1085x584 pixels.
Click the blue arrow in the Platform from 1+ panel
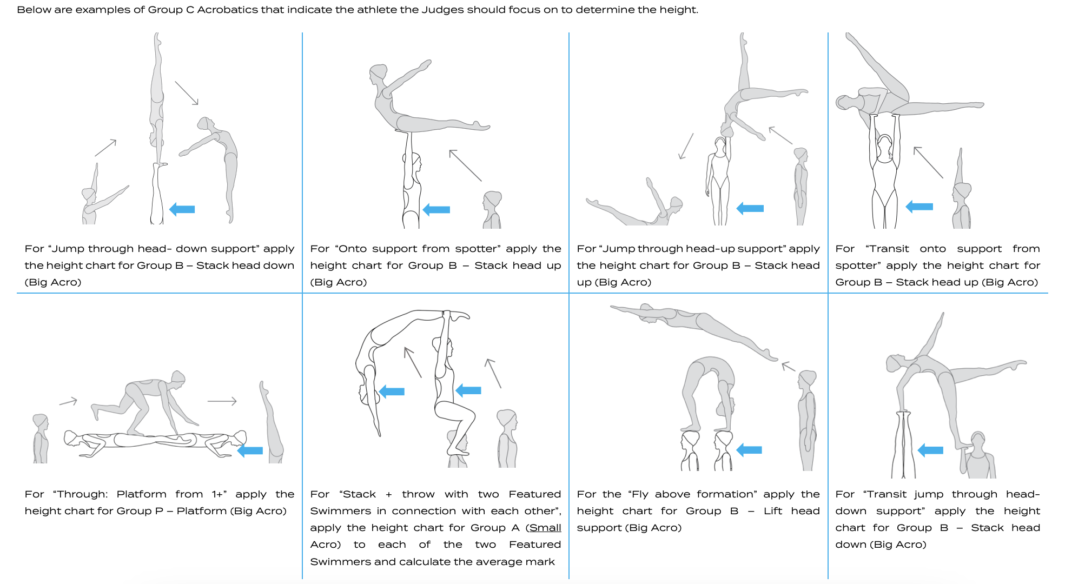click(250, 450)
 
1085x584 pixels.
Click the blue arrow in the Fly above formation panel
click(749, 449)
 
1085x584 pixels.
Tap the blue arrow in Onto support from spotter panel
click(436, 209)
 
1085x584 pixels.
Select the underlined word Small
click(545, 528)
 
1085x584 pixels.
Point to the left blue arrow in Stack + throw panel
click(392, 391)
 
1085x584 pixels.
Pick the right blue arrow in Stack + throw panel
click(468, 390)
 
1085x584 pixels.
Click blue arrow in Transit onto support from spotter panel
click(919, 206)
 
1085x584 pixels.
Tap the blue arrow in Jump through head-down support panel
click(182, 209)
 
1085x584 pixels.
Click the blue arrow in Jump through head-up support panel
click(750, 208)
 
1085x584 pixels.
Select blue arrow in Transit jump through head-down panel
click(930, 450)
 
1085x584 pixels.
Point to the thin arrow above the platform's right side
click(222, 401)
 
